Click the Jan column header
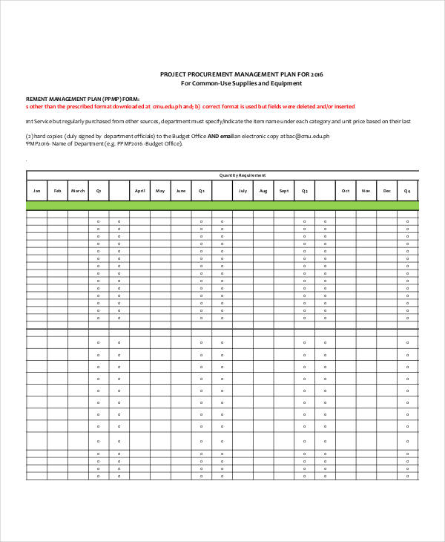click(x=36, y=191)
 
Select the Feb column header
click(x=57, y=191)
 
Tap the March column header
click(x=78, y=191)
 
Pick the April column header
click(x=139, y=191)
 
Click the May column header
click(x=160, y=191)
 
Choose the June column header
click(x=181, y=191)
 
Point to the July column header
click(x=243, y=191)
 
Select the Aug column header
click(x=263, y=191)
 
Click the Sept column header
click(x=283, y=191)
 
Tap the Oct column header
click(x=345, y=191)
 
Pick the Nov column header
click(x=366, y=191)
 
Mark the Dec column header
click(x=386, y=191)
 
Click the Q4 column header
click(x=407, y=191)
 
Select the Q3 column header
click(x=304, y=191)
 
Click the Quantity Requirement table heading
click(x=243, y=175)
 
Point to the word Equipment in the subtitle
click(x=285, y=83)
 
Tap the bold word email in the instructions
click(x=225, y=137)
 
